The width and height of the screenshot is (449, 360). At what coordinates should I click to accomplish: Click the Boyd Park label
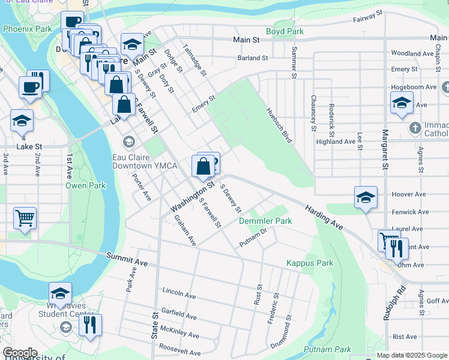tap(285, 31)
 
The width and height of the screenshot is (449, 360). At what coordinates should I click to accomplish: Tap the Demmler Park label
tap(265, 221)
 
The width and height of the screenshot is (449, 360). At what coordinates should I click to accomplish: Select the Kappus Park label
tap(309, 263)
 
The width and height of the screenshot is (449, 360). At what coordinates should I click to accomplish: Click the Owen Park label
tap(85, 185)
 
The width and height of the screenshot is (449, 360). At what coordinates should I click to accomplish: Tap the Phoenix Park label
tap(27, 28)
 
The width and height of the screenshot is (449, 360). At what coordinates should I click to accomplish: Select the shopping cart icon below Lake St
tap(25, 218)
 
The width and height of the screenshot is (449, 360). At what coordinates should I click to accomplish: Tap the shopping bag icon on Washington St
tap(203, 166)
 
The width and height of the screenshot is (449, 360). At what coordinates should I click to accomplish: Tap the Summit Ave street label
tap(127, 259)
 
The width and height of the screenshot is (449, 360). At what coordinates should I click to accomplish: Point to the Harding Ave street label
tap(323, 217)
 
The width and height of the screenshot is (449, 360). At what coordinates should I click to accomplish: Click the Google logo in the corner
tap(20, 353)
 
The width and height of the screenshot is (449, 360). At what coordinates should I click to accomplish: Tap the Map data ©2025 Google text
tap(411, 355)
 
